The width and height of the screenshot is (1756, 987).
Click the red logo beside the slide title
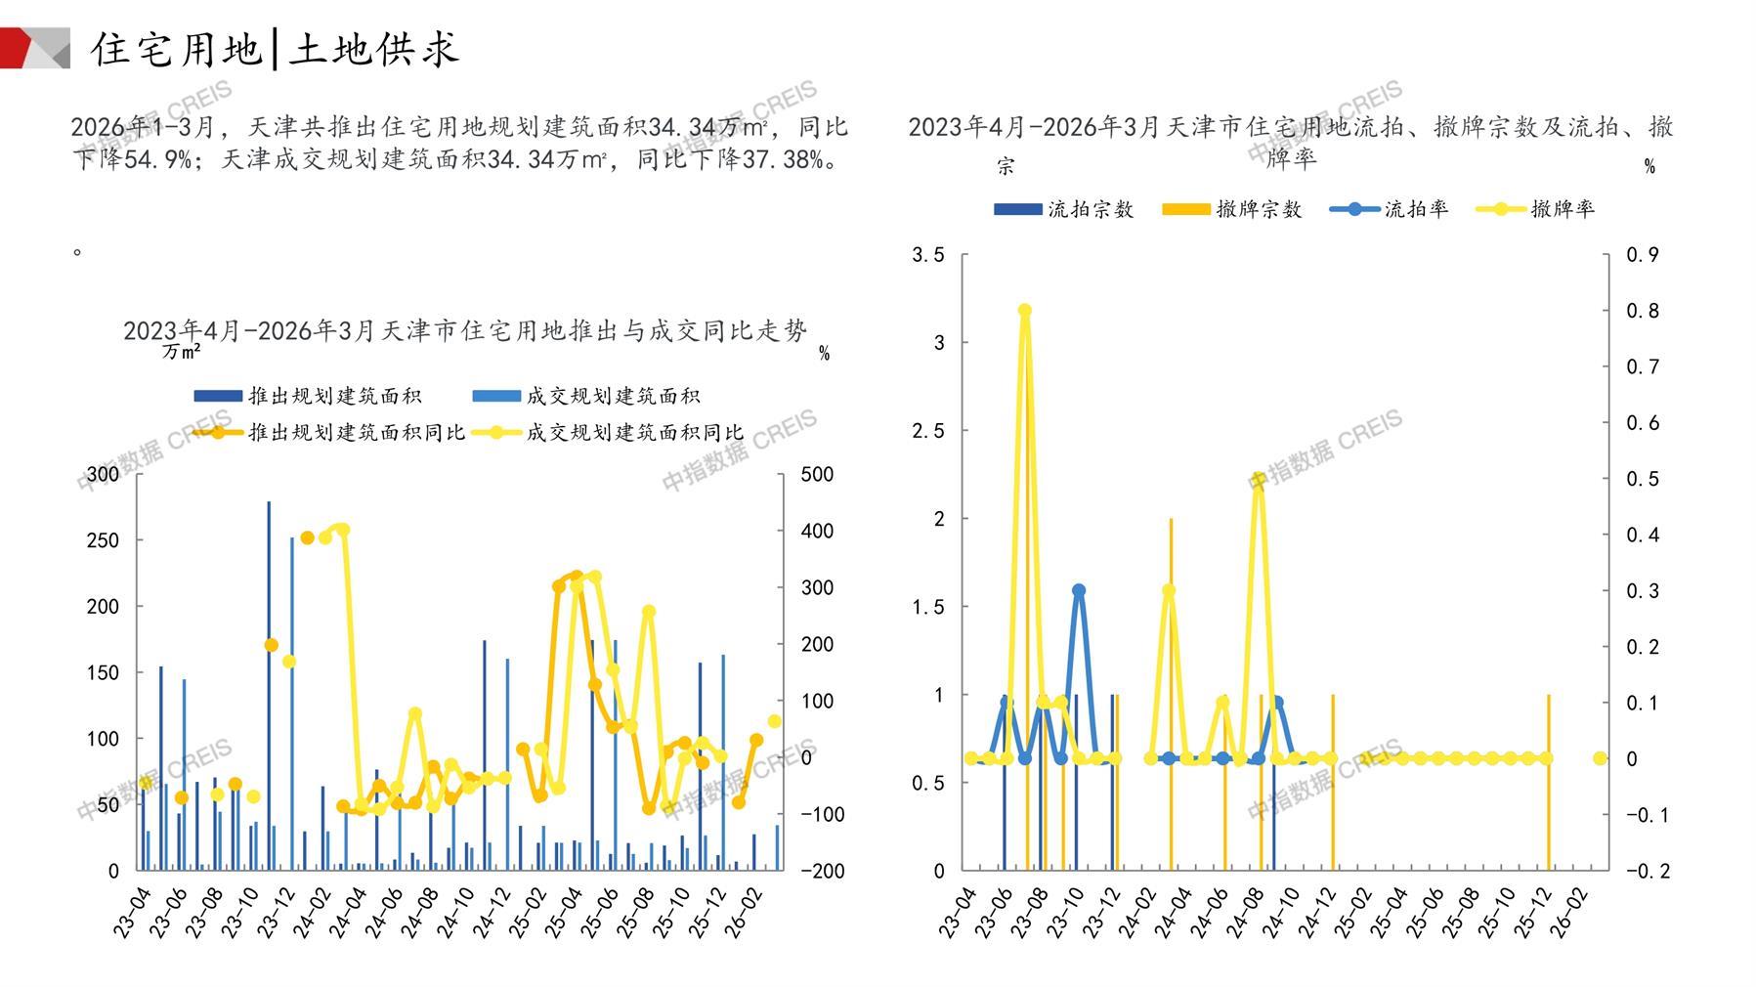[x=33, y=48]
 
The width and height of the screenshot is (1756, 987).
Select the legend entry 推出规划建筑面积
[x=308, y=396]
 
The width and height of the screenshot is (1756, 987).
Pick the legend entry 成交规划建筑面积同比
[x=608, y=432]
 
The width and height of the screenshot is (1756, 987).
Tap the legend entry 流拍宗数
[x=1064, y=209]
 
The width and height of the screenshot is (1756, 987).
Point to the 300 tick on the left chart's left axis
[x=103, y=474]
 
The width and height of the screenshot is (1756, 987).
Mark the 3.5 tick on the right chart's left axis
[x=927, y=255]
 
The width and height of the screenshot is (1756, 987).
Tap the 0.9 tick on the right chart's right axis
[x=1642, y=255]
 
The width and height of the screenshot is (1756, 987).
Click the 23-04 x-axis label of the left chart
[x=132, y=913]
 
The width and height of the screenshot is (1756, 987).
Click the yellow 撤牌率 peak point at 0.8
[x=1025, y=311]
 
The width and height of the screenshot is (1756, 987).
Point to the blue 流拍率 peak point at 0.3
[x=1079, y=590]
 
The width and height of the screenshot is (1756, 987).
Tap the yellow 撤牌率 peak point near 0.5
[x=1259, y=479]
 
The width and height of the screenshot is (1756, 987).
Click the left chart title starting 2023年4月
[x=464, y=330]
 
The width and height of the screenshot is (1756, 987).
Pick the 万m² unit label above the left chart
[x=182, y=352]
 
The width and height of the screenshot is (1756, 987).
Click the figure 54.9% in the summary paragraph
[x=157, y=159]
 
